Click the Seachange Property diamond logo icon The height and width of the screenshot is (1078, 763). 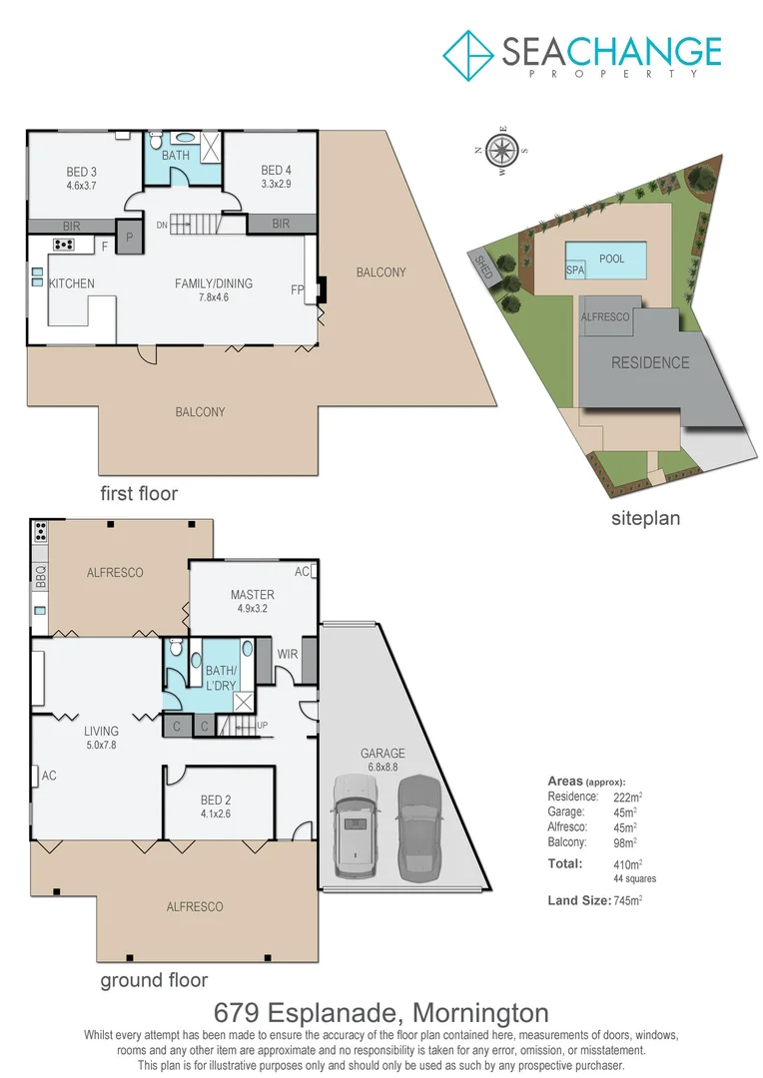[x=468, y=54]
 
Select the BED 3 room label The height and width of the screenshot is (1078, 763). [x=82, y=171]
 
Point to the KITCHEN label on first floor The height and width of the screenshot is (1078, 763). [x=72, y=283]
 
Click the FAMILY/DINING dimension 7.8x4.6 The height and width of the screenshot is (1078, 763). [x=214, y=297]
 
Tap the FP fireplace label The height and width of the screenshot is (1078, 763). [x=298, y=289]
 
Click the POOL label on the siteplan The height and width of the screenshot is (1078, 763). [x=612, y=259]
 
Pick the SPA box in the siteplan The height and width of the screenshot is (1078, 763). [x=575, y=269]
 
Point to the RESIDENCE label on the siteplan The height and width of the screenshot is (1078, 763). [x=650, y=363]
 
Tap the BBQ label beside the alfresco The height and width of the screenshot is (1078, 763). [x=40, y=577]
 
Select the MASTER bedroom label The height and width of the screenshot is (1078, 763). [x=252, y=594]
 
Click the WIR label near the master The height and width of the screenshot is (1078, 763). [x=289, y=654]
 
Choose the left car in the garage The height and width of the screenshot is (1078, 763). [x=355, y=826]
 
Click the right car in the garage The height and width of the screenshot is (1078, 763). [x=419, y=826]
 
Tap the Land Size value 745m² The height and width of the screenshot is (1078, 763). [x=627, y=900]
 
